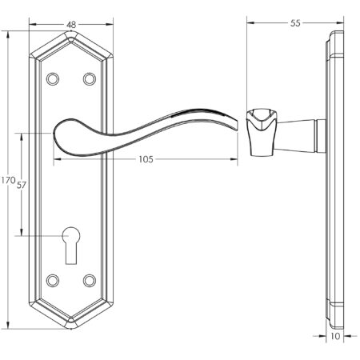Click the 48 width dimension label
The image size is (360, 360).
71,25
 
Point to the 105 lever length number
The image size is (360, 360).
146,159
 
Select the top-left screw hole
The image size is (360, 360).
54,79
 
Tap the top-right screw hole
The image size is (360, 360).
88,79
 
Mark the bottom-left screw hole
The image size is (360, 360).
54,280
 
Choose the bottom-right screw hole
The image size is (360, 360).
88,280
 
